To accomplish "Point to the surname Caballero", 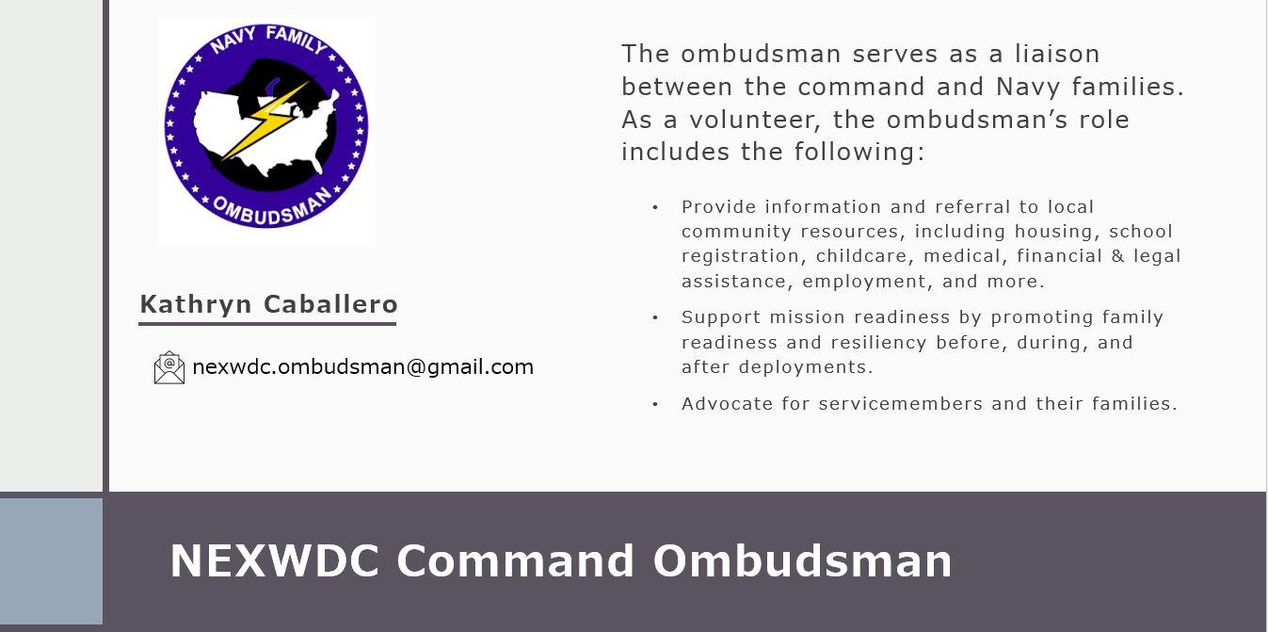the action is coord(331,304).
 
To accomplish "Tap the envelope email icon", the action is coord(169,367).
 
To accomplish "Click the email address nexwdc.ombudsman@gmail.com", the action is coord(362,367).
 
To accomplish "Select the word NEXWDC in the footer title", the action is coord(275,560).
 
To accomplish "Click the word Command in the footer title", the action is coord(515,560).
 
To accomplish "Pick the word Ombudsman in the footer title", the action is coord(803,560).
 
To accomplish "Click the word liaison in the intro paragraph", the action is coord(1057,54).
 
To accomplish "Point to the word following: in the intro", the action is coord(859,153).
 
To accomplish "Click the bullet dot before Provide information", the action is coord(655,208).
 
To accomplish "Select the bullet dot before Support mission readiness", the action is coord(655,317).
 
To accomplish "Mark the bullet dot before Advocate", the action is coord(655,404).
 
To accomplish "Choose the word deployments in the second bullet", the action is coord(806,367).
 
